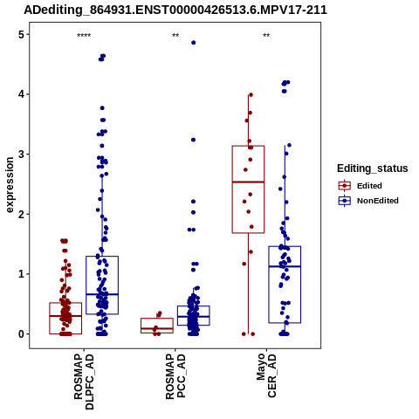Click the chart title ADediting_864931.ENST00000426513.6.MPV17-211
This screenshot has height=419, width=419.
(x=175, y=10)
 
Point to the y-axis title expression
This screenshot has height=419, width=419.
(x=10, y=185)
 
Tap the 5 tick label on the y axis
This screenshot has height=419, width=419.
(x=21, y=35)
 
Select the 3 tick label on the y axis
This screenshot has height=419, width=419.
(x=21, y=155)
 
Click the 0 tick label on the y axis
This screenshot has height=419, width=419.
(x=21, y=334)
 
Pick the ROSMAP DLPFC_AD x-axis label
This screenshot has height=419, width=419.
(x=84, y=381)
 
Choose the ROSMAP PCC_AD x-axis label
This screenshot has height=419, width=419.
(x=175, y=376)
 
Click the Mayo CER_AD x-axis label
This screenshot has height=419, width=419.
(x=266, y=375)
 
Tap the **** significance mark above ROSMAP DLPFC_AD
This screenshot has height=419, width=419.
(x=84, y=36)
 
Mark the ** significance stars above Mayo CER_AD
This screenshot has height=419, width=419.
(x=266, y=36)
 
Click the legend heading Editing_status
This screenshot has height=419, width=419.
(x=373, y=168)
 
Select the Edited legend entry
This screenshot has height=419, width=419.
(x=360, y=186)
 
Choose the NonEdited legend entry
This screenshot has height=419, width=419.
(x=368, y=201)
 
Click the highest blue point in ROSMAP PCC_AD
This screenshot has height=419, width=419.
(x=194, y=43)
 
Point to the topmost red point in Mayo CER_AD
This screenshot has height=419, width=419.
(x=251, y=95)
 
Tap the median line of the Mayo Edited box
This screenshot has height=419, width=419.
(x=248, y=182)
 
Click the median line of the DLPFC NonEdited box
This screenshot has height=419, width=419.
(x=102, y=294)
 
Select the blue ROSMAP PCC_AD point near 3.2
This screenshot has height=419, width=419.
(x=193, y=140)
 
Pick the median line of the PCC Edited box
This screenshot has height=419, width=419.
(x=157, y=328)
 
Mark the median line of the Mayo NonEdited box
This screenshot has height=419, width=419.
(x=285, y=266)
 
